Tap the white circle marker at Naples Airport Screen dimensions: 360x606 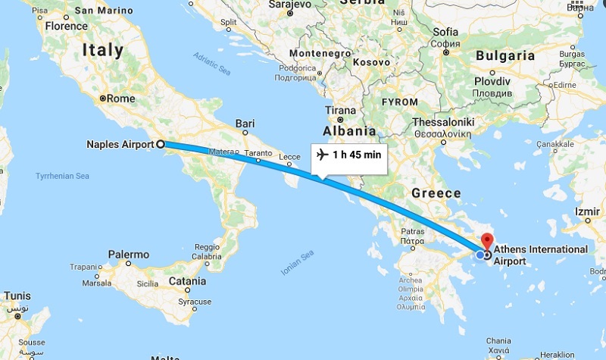pos(161,143)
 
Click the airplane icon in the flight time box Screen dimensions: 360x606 pos(321,155)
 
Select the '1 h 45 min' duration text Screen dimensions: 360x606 pos(356,155)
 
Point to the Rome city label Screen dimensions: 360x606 pos(121,98)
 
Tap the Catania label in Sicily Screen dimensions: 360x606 pos(186,281)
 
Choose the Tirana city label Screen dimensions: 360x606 pos(339,111)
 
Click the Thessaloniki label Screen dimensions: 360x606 pos(443,121)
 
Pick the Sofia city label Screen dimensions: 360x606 pos(445,32)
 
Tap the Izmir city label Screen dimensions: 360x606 pos(587,211)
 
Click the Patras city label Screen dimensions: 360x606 pos(414,232)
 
